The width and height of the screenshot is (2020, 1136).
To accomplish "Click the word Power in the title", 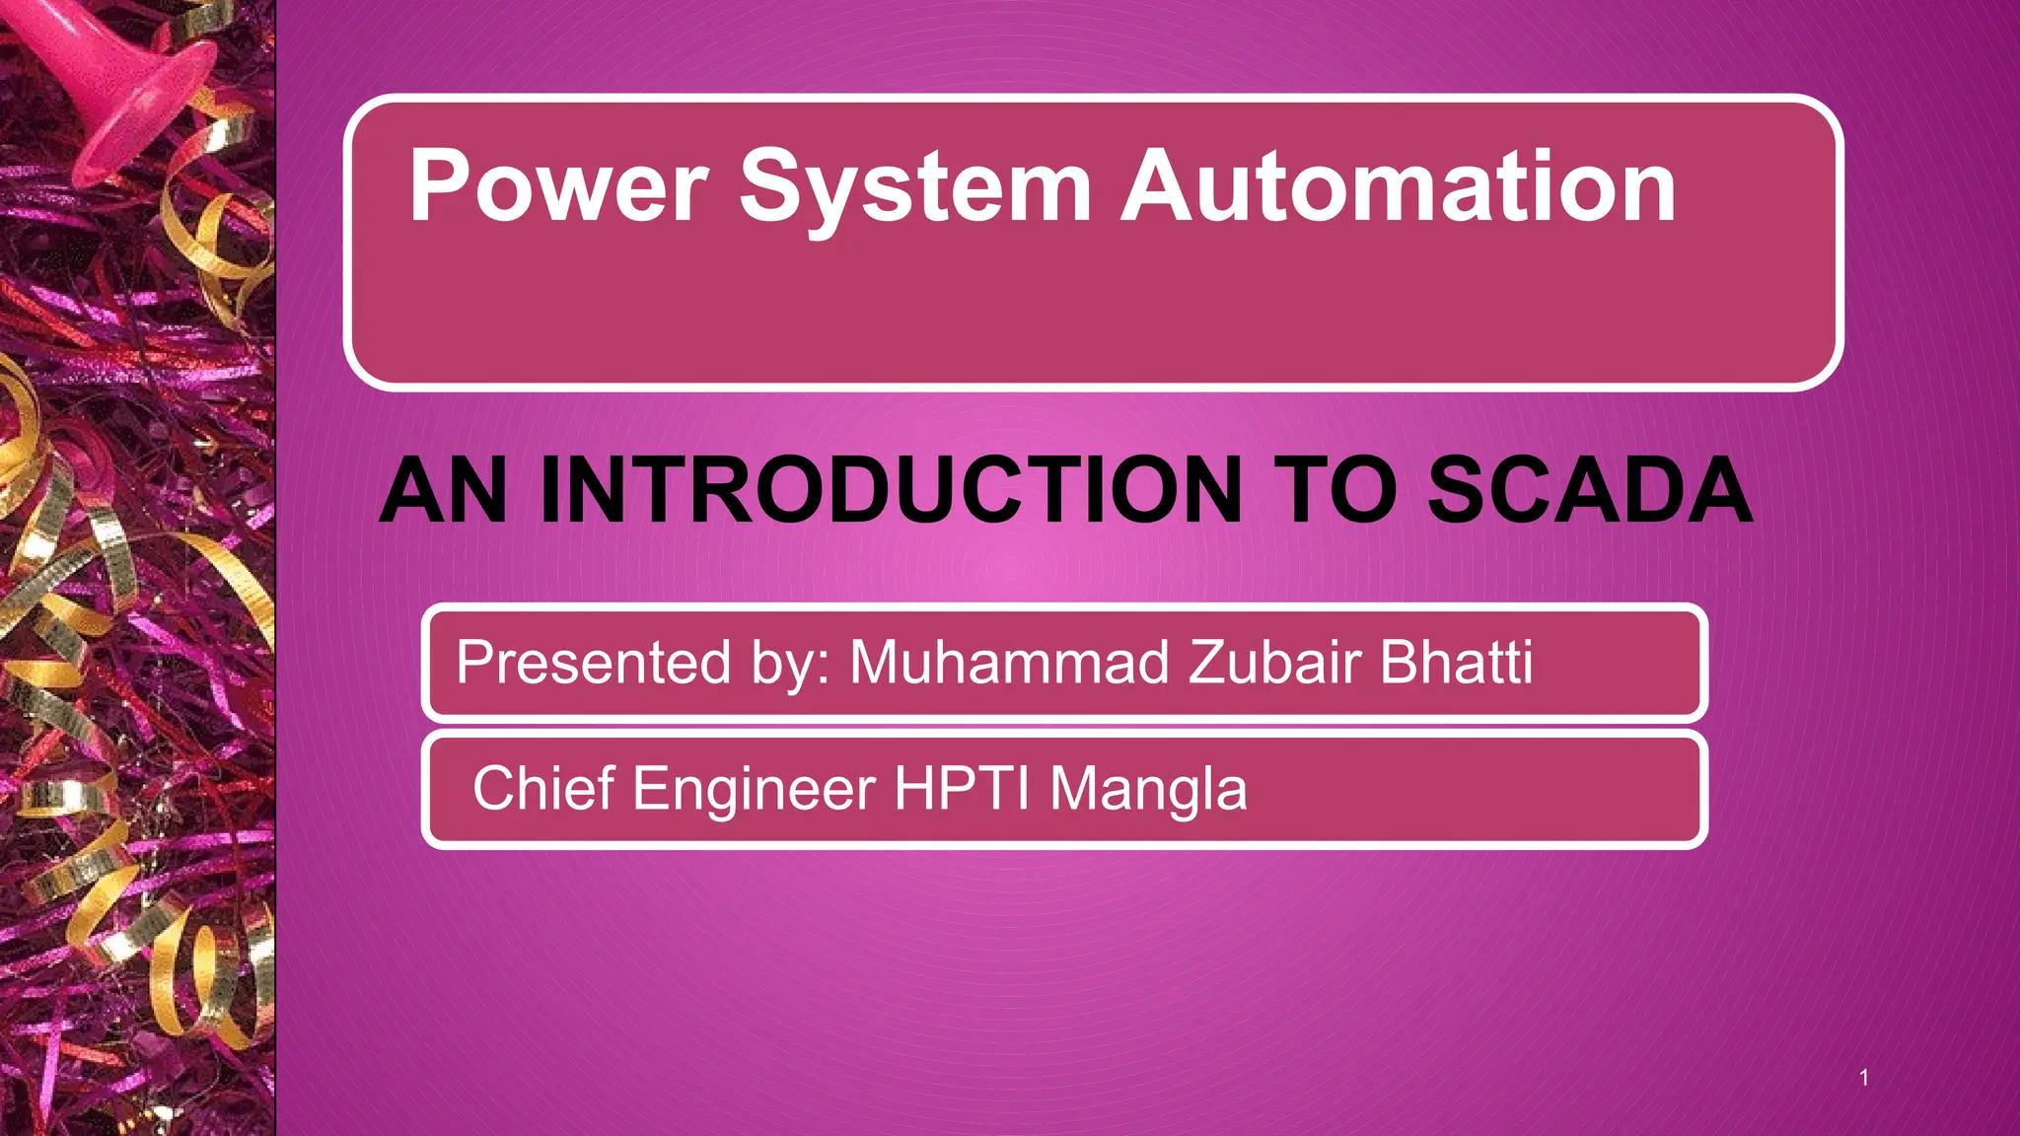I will coord(558,185).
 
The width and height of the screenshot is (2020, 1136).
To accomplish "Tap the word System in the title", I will coord(915,185).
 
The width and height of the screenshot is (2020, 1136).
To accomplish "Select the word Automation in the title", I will coord(1398,185).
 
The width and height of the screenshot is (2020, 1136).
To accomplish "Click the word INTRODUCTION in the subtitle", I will coord(891,490).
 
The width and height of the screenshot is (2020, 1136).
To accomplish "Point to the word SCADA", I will coord(1589,490).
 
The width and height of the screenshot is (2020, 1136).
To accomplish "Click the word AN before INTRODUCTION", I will coord(443,490).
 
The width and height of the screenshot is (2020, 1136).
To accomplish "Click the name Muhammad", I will coord(1009,662).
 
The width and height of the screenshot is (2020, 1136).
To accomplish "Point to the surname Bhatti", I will coord(1456,662).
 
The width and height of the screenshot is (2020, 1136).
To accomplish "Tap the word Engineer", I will coord(754,789).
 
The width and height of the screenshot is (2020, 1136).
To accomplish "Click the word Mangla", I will coord(1148,790).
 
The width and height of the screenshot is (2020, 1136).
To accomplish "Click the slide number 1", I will coord(1863,1077).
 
